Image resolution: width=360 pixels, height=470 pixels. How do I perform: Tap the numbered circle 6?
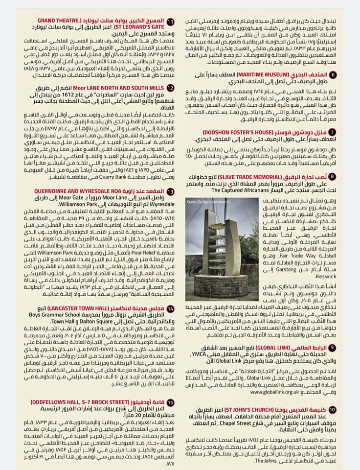click(333, 75)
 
